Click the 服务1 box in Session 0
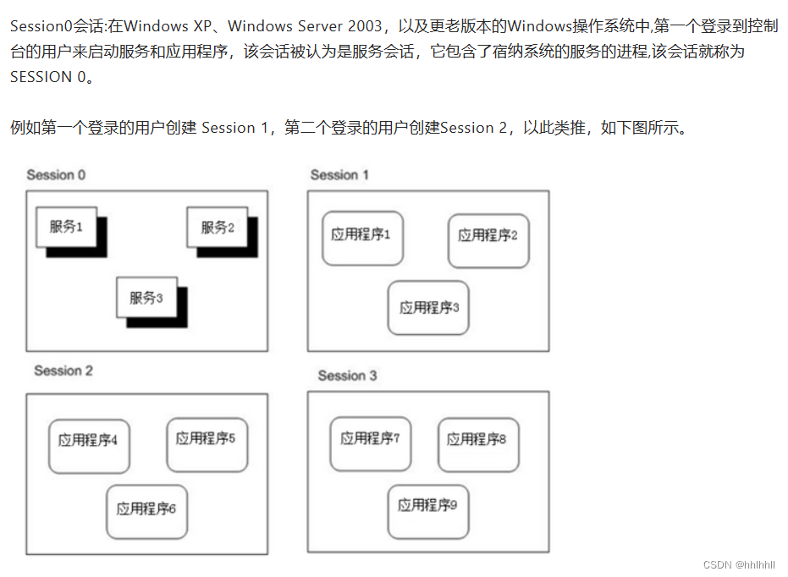tap(66, 227)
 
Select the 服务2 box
tap(217, 228)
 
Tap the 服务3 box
tap(146, 298)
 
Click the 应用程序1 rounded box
tap(362, 236)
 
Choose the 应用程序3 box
tap(428, 308)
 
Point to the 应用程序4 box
tap(89, 442)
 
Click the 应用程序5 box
tap(207, 440)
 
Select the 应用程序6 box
tap(146, 509)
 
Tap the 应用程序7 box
tap(371, 440)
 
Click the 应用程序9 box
tap(428, 507)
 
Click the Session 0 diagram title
tap(56, 175)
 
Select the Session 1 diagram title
tap(339, 175)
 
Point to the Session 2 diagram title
tap(63, 371)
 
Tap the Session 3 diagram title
tap(347, 376)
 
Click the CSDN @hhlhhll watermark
tap(739, 564)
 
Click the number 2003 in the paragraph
tap(363, 26)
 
